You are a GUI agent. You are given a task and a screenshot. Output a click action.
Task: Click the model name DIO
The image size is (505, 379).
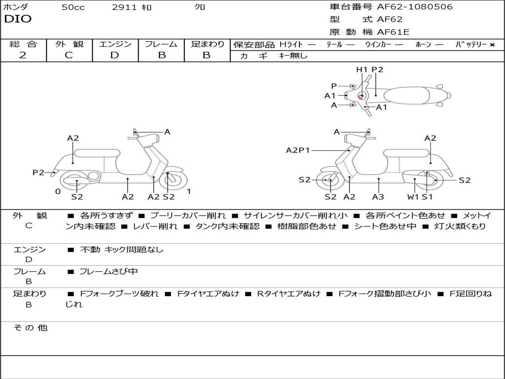pyautogui.click(x=18, y=19)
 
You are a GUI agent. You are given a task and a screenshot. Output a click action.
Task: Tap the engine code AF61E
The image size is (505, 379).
pyautogui.click(x=393, y=33)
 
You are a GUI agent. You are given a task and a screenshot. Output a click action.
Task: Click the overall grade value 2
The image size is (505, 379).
pyautogui.click(x=22, y=55)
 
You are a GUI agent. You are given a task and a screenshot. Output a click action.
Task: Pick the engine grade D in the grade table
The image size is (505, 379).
pyautogui.click(x=114, y=55)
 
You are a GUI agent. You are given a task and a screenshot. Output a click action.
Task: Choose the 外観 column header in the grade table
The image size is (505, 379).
pyautogui.click(x=69, y=44)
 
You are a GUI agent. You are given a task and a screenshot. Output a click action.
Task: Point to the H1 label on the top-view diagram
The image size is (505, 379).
pyautogui.click(x=362, y=70)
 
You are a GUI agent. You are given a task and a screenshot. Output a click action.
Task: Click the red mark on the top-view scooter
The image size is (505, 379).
pyautogui.click(x=361, y=97)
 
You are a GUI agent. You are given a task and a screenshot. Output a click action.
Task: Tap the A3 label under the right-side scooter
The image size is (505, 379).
pyautogui.click(x=378, y=197)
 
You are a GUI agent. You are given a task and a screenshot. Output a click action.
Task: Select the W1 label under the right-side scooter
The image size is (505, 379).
pyautogui.click(x=413, y=197)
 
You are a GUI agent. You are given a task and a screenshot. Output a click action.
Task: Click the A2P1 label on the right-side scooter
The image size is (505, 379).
pyautogui.click(x=298, y=151)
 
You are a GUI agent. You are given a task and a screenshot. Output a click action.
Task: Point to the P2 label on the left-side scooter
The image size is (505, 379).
pyautogui.click(x=38, y=172)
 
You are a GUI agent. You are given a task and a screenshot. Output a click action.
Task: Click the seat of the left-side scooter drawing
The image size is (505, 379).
pyautogui.click(x=96, y=152)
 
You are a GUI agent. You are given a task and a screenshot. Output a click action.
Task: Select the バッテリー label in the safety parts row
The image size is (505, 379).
pyautogui.click(x=470, y=44)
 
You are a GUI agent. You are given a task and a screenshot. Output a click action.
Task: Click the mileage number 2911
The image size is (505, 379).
pyautogui.click(x=124, y=7)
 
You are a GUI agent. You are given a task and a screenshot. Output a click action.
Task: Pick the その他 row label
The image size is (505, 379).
pyautogui.click(x=30, y=328)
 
